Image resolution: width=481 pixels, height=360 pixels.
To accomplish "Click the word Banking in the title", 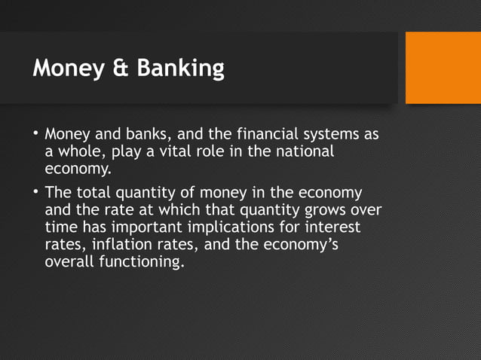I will (x=181, y=69).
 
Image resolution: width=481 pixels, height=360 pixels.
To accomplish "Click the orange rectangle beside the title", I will (x=443, y=67).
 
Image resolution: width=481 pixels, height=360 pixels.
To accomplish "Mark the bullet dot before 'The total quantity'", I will (x=35, y=191).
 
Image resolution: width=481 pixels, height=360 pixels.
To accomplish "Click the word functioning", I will (x=143, y=263).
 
